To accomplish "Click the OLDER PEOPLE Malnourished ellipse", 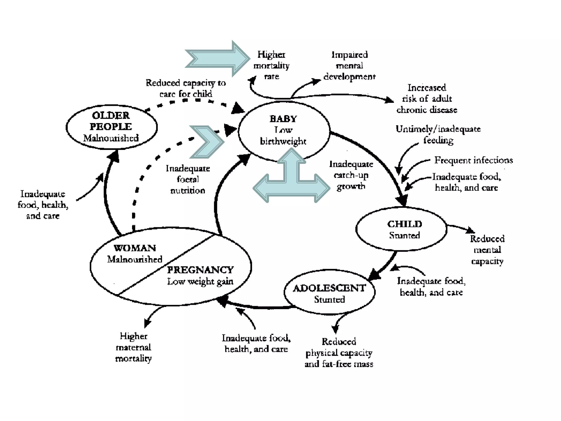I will click(111, 127).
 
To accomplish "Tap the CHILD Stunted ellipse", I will click(401, 229).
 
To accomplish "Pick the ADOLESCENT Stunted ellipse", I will click(329, 293).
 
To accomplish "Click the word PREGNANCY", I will click(200, 270).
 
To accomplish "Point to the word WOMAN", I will click(135, 248).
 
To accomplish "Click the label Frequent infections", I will click(473, 160).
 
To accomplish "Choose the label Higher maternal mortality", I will click(133, 347).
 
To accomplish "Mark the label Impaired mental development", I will click(349, 66).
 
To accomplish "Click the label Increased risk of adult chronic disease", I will click(427, 99).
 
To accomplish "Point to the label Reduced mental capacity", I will click(487, 250).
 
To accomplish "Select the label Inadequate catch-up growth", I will click(351, 175).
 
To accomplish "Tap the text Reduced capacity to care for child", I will click(186, 88).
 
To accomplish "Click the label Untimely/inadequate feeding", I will click(438, 134).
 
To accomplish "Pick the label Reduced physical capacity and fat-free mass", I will click(339, 352).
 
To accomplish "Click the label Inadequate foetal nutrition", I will click(188, 179).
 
